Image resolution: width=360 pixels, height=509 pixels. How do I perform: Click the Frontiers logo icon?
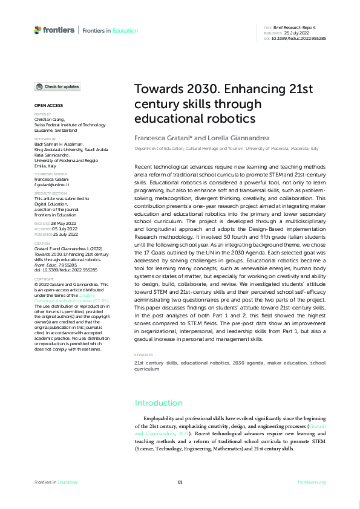(38, 30)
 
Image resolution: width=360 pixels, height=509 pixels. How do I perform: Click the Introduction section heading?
(158, 403)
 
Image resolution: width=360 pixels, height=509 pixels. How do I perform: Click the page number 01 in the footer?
(180, 482)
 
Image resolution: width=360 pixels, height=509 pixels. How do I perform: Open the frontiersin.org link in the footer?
(312, 482)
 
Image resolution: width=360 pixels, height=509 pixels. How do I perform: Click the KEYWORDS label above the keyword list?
(144, 355)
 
